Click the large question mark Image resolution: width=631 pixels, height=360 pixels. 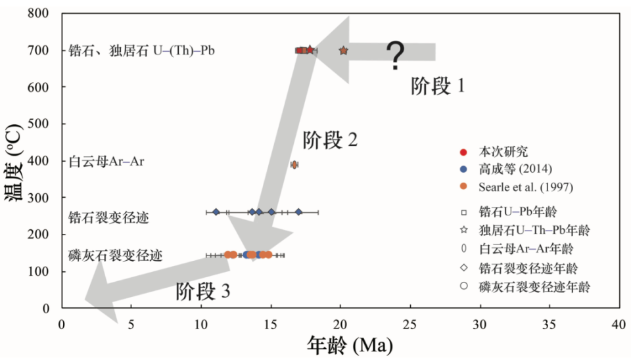pyautogui.click(x=394, y=56)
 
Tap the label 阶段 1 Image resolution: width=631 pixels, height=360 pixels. pyautogui.click(x=438, y=85)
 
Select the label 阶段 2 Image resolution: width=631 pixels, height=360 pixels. pyautogui.click(x=330, y=140)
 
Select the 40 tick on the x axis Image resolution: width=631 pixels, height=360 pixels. pyautogui.click(x=619, y=323)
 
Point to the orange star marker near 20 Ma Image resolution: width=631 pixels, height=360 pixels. pyautogui.click(x=343, y=50)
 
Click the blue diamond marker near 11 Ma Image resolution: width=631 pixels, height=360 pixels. pyautogui.click(x=216, y=212)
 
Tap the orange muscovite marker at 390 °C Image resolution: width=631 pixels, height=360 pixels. pyautogui.click(x=294, y=164)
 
